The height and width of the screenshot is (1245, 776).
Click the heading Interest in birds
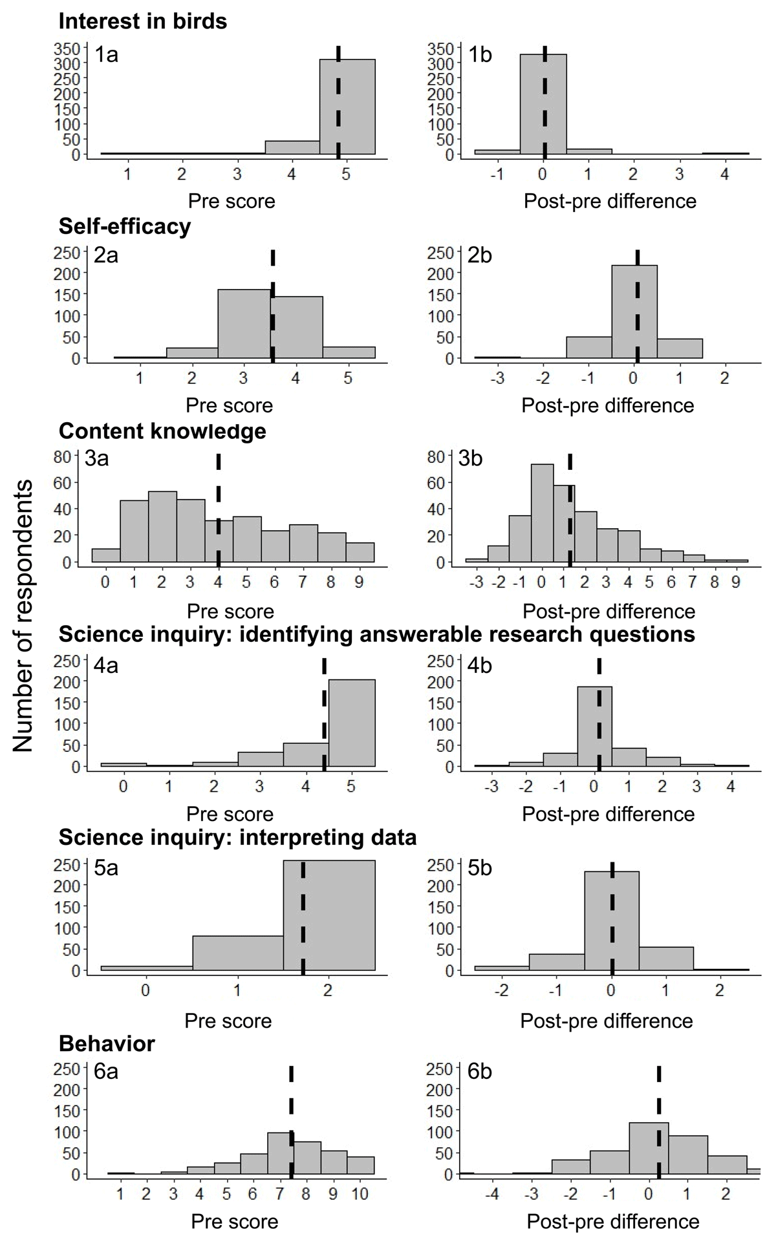pos(142,22)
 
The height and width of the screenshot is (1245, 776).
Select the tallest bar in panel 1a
pos(347,107)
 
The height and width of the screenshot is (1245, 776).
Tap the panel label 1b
pos(479,54)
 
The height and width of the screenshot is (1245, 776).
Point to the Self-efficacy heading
pos(124,227)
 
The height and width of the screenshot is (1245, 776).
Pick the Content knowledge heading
pos(162,431)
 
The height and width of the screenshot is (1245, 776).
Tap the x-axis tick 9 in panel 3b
pos(736,582)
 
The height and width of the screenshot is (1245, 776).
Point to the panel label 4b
pos(479,665)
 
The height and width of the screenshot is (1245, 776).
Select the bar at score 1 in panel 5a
pos(238,953)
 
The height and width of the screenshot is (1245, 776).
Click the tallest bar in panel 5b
pos(611,920)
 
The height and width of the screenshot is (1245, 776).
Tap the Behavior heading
pos(106,1043)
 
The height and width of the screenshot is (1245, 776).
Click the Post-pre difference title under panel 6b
pos(613,1221)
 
